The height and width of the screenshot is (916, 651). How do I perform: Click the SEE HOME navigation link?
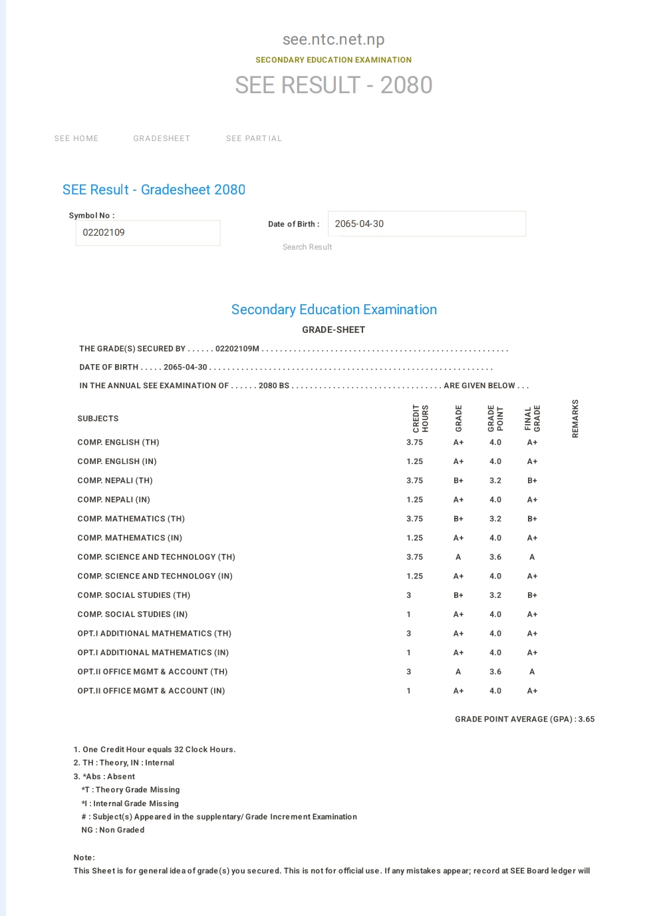(76, 138)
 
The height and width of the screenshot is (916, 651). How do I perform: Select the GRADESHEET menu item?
(162, 138)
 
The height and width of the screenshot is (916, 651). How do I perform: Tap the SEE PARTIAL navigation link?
(254, 138)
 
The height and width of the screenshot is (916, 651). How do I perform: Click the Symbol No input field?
(148, 233)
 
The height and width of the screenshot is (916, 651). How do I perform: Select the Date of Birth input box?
(426, 224)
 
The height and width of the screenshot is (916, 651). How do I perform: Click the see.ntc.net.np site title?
(333, 39)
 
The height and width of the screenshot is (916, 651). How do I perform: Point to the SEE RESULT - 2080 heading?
(333, 85)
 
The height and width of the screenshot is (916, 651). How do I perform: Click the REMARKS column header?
(575, 418)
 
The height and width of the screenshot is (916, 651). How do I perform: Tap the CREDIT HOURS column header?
(420, 418)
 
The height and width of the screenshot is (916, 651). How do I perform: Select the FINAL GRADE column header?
(532, 418)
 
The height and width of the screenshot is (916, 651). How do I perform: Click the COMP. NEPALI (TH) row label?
(115, 481)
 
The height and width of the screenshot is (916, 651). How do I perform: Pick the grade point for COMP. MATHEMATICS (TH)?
(495, 519)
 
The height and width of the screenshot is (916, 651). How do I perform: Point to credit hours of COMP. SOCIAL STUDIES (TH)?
(409, 595)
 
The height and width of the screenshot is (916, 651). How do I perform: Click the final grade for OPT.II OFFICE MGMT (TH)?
(532, 672)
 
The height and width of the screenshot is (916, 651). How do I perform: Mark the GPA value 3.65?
(586, 719)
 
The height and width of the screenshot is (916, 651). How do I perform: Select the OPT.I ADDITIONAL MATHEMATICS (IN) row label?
(153, 652)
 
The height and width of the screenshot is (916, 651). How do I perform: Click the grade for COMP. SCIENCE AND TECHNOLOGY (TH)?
(458, 557)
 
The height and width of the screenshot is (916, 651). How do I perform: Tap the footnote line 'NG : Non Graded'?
(112, 830)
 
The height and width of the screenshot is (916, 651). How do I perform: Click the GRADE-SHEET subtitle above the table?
(333, 330)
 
